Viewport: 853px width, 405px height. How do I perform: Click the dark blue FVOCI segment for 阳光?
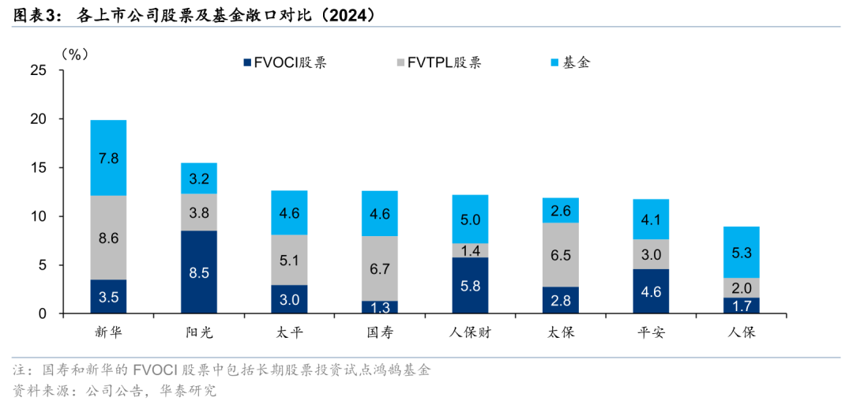[198, 272]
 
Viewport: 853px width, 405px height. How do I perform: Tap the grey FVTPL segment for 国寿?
[380, 268]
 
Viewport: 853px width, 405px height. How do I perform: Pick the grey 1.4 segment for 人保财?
[470, 250]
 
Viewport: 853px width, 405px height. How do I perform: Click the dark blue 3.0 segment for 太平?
[290, 299]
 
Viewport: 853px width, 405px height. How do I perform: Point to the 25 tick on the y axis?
[38, 71]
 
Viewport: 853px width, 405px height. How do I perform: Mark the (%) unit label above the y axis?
[74, 54]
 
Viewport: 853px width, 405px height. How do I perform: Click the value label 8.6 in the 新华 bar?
[108, 238]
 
